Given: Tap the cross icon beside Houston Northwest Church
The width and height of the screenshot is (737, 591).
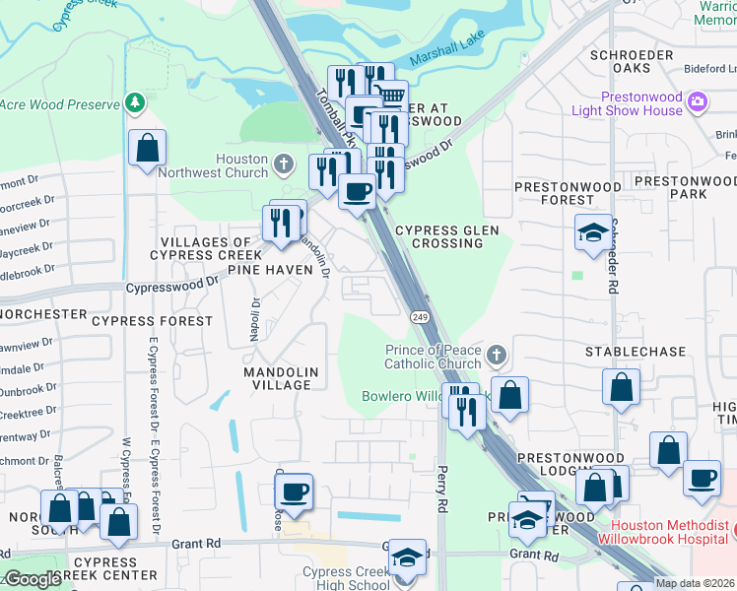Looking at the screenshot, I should (283, 164).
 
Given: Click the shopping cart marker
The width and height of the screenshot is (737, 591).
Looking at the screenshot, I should (390, 97).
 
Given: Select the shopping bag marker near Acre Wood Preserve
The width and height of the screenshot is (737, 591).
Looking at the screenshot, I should (147, 150).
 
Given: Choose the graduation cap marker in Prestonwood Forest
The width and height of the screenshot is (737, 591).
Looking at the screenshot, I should (591, 233).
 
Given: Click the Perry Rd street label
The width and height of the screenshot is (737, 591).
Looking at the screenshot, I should (442, 489).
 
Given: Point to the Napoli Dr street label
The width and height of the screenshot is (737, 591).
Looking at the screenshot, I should (254, 320).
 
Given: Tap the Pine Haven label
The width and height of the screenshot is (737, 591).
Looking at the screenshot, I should (263, 270).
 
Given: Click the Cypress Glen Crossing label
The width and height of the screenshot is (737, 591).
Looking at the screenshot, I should (447, 236).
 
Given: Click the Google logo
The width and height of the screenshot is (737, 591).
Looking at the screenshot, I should (33, 580).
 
